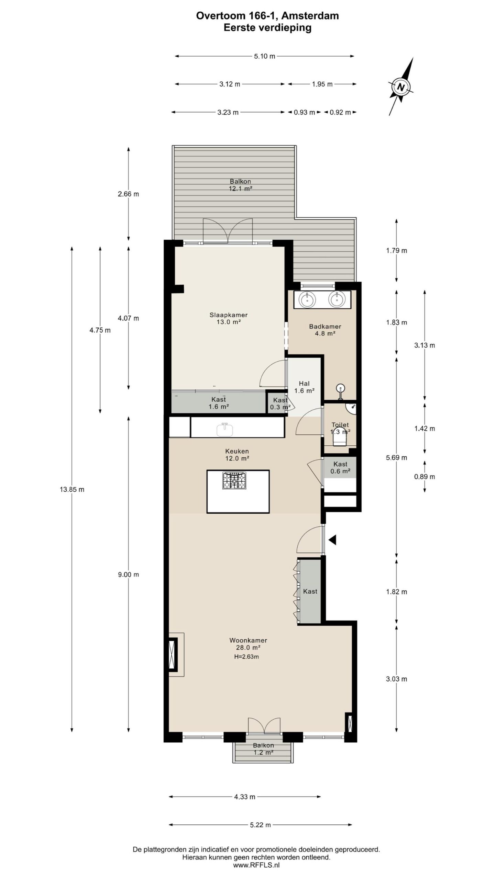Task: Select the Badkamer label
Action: [x=325, y=327]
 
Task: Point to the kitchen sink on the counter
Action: [x=225, y=429]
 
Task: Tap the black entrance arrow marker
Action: [x=332, y=540]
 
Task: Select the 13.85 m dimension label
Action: [x=72, y=490]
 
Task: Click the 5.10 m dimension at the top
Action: [x=265, y=56]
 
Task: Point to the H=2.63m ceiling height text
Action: [x=246, y=657]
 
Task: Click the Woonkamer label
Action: [x=248, y=640]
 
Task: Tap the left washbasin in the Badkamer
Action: [x=307, y=300]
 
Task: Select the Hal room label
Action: [x=304, y=384]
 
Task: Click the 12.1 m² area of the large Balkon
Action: [x=241, y=189]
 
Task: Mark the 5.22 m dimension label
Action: [x=261, y=825]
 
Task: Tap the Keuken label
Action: [x=237, y=451]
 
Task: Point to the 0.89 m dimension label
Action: [x=425, y=477]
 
